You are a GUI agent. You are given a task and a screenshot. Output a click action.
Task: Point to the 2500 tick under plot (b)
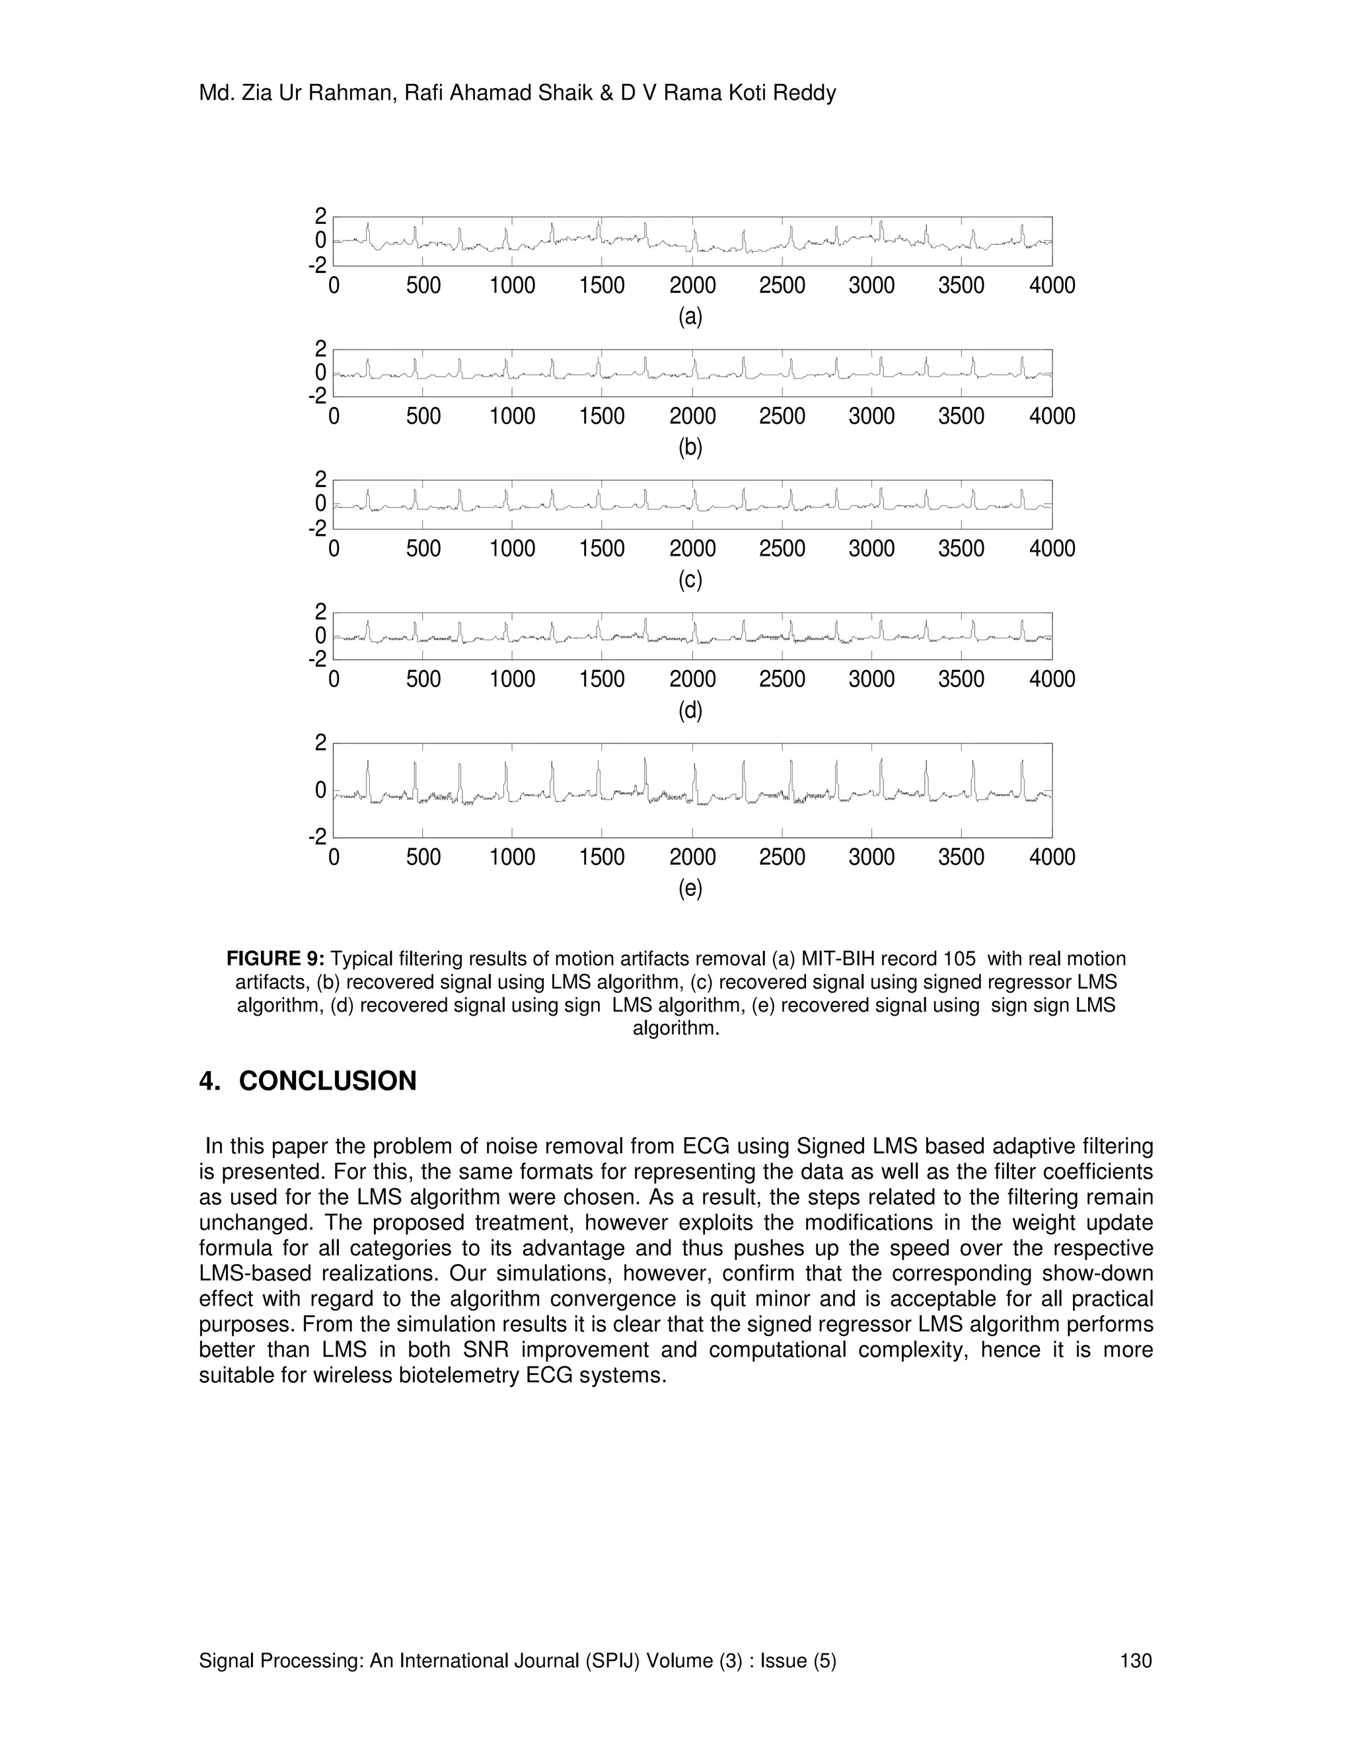coord(782,416)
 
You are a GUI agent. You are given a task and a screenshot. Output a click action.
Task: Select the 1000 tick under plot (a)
coord(512,285)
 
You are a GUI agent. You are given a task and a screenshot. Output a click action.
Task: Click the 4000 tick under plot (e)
coord(1052,857)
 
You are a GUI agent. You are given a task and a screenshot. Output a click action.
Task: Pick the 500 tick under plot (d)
coord(423,679)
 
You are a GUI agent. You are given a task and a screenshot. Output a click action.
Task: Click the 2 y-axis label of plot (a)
coord(320,215)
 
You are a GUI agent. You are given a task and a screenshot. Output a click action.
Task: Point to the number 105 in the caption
coord(959,959)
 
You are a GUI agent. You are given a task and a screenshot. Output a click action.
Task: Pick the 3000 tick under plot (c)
coord(871,548)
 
